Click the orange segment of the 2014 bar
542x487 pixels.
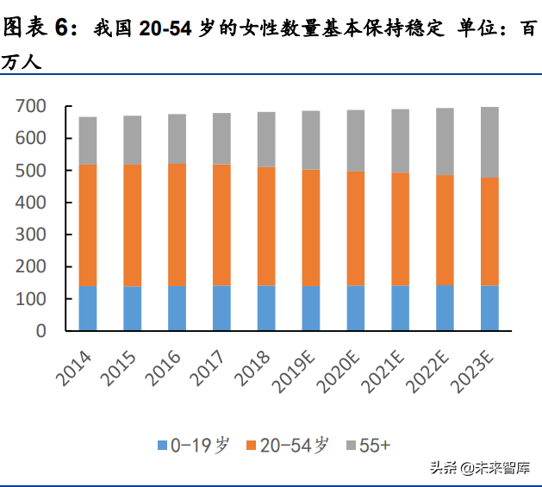[88, 225]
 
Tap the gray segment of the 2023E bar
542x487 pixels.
[489, 141]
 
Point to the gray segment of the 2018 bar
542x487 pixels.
[266, 139]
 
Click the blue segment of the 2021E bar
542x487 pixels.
[400, 308]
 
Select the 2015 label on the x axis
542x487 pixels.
[121, 362]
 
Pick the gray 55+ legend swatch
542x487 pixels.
[349, 446]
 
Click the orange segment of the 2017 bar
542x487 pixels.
[221, 225]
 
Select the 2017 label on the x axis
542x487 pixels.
[211, 362]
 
